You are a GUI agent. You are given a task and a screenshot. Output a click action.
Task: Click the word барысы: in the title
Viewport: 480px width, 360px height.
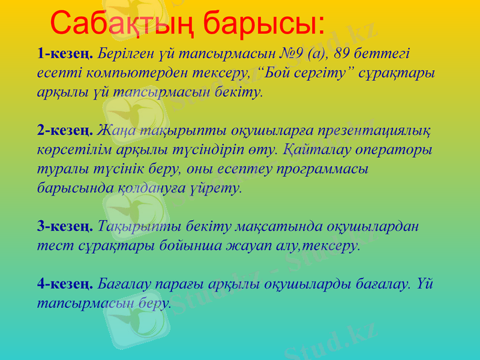pos(264,23)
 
